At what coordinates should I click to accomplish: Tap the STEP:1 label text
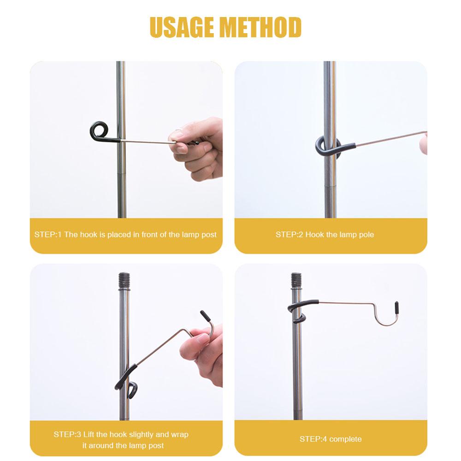pyautogui.click(x=47, y=235)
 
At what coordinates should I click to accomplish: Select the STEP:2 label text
pyautogui.click(x=289, y=235)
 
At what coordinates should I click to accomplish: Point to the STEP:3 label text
pyautogui.click(x=67, y=434)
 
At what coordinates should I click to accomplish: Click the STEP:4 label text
pyautogui.click(x=313, y=439)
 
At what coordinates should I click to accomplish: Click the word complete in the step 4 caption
pyautogui.click(x=345, y=439)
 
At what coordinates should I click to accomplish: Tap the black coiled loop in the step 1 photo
pyautogui.click(x=98, y=131)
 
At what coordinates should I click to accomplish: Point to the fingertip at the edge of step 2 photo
pyautogui.click(x=424, y=145)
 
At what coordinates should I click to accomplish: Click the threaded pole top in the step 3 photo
pyautogui.click(x=124, y=279)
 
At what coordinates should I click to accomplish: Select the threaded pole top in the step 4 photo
pyautogui.click(x=296, y=279)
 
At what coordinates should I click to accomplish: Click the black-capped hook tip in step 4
pyautogui.click(x=396, y=307)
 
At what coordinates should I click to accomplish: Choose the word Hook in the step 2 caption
pyautogui.click(x=315, y=235)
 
